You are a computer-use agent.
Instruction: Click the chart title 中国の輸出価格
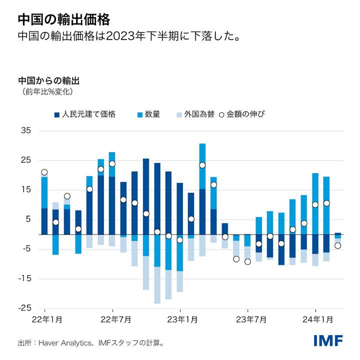[x=63, y=19]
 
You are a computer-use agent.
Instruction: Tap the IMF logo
[x=328, y=341]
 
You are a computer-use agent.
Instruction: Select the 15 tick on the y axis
[x=26, y=190]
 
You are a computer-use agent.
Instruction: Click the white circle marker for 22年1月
[x=44, y=172]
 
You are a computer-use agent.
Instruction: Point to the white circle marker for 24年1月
[x=315, y=204]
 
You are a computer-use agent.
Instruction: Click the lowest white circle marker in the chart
[x=247, y=261]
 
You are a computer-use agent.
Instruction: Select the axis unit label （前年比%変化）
[x=47, y=92]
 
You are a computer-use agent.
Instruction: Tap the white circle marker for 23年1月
[x=179, y=240]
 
